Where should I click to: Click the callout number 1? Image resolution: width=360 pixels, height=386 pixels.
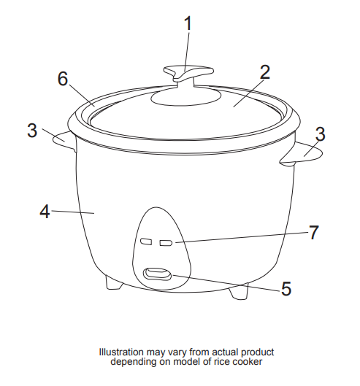tap(188, 23)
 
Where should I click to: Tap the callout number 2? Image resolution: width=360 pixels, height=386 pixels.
tap(265, 72)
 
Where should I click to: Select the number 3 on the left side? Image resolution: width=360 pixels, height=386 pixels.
tap(32, 131)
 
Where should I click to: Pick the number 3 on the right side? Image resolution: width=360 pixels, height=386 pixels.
tap(320, 134)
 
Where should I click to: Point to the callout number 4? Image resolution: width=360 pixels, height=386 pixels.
tap(45, 212)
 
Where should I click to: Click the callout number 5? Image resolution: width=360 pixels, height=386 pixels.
tap(286, 289)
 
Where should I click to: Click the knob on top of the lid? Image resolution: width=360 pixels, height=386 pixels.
tap(188, 73)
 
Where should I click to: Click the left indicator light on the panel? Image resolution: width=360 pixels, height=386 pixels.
tap(147, 242)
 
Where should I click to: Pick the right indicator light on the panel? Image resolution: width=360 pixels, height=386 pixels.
tap(166, 242)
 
